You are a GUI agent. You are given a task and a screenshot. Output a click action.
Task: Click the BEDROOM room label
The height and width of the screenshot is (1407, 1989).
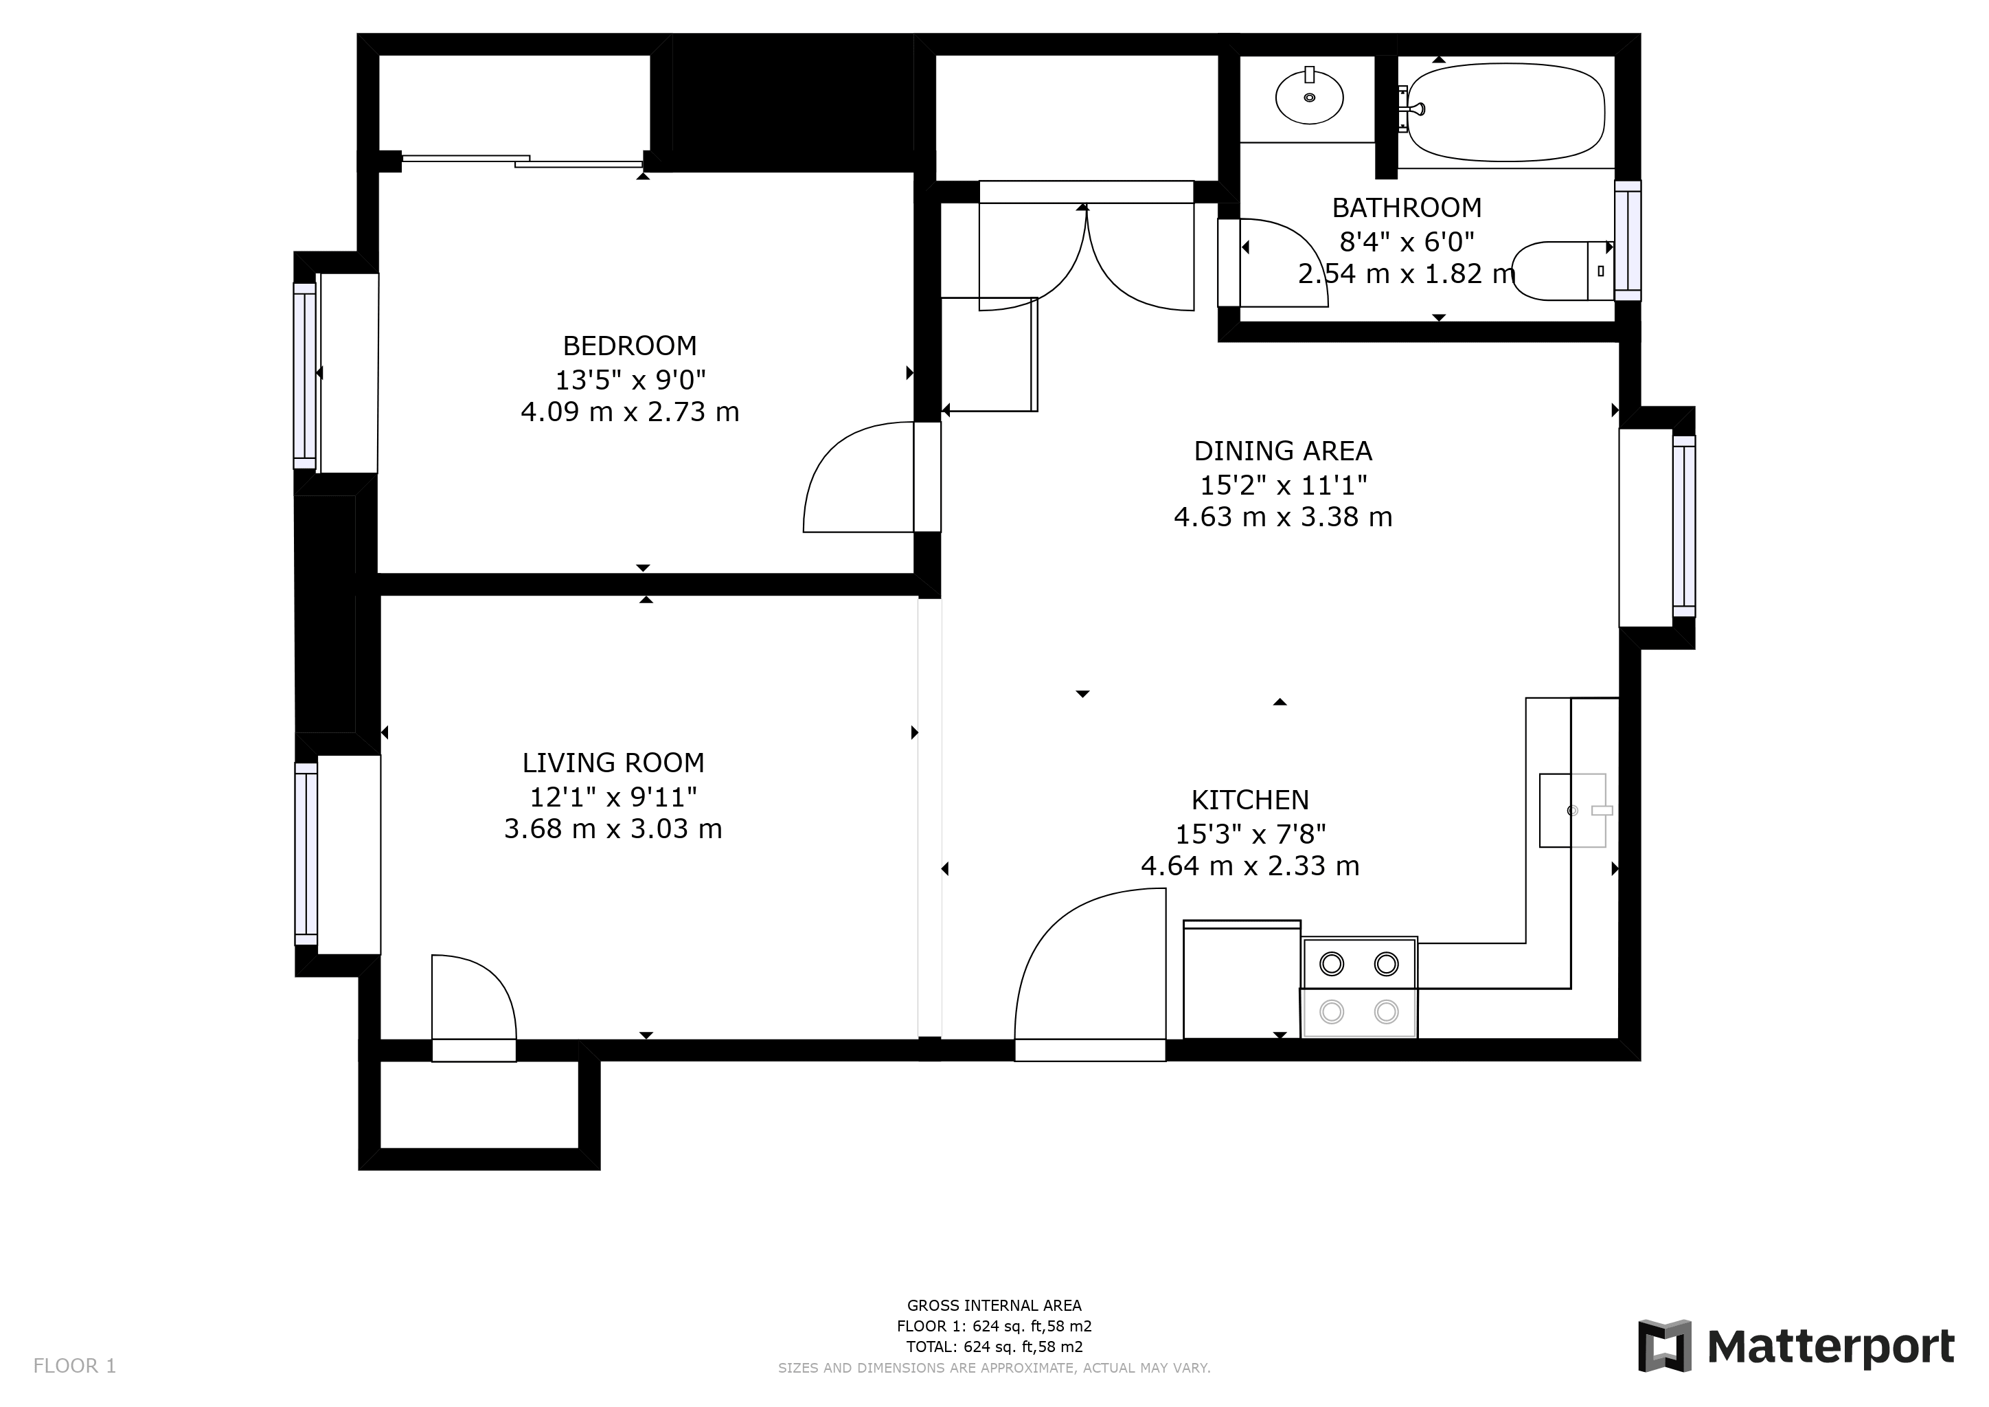point(630,346)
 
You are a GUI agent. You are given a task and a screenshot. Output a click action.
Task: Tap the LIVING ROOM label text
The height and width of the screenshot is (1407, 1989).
point(613,763)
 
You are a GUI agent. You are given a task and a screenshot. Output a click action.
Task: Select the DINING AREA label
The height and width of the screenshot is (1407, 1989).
point(1283,451)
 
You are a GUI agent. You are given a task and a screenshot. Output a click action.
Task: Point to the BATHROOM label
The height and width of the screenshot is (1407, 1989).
point(1407,208)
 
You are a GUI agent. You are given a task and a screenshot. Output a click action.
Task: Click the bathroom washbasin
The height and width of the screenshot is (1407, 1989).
point(1309,97)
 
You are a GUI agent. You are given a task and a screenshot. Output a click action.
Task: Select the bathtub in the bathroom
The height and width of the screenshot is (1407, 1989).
point(1505,113)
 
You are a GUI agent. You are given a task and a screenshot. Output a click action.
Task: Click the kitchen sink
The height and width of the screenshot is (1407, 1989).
point(1572,810)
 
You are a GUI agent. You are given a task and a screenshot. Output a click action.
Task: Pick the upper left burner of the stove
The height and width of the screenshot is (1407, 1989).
point(1332,963)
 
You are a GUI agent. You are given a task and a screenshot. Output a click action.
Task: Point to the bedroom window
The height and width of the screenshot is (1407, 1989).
point(305,374)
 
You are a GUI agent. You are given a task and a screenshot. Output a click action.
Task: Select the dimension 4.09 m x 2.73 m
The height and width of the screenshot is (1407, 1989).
point(630,412)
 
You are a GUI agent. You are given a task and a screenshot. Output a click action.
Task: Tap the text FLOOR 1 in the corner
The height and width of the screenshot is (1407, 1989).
point(74,1366)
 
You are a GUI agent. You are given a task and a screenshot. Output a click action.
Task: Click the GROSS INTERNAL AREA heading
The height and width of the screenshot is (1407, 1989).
point(994,1305)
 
